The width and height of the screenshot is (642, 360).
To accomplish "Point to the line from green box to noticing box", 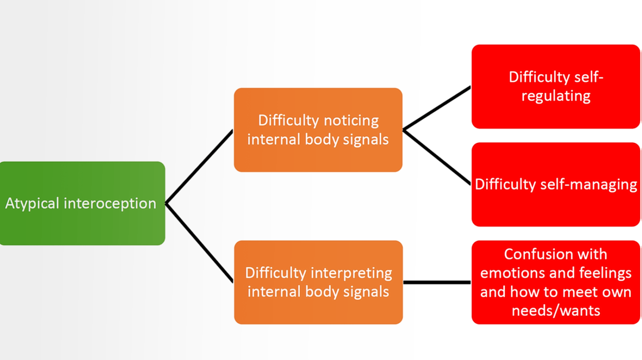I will (199, 167).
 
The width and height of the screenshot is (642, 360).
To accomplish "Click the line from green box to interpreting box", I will (199, 242).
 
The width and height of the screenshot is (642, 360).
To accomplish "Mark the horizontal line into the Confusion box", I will (437, 282).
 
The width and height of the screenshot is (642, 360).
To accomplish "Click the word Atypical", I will (31, 203).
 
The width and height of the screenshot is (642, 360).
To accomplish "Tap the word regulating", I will (556, 96).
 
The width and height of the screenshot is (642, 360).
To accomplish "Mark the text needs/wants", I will (556, 311).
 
